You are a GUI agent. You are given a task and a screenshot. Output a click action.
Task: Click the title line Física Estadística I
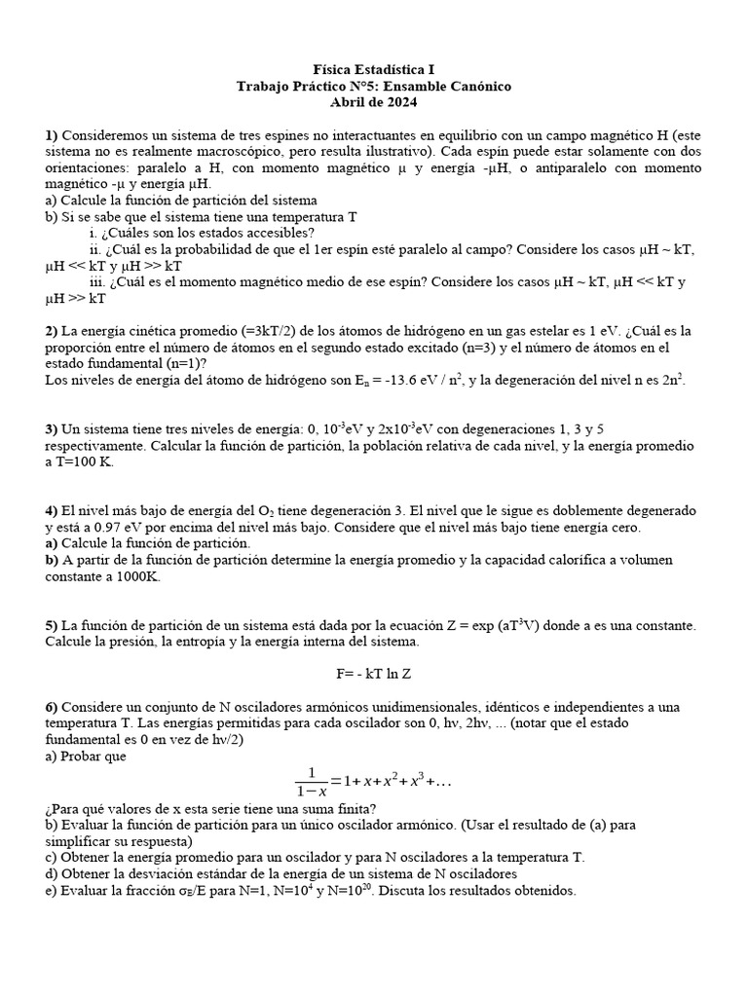[374, 70]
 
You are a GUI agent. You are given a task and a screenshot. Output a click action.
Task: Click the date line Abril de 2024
[374, 102]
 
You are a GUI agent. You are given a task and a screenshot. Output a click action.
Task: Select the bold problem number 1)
[52, 135]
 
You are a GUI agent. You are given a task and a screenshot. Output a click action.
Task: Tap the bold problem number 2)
[52, 331]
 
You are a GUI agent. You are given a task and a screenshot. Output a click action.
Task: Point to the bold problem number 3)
[52, 429]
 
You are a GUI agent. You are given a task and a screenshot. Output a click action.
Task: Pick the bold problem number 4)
[52, 511]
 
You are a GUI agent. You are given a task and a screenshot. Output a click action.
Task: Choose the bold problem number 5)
[52, 626]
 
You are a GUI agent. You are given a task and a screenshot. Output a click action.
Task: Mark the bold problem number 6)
[52, 707]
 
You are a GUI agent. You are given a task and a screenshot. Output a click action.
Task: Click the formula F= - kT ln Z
[375, 674]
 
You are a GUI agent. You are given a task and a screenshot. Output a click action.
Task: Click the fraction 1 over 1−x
[311, 782]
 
